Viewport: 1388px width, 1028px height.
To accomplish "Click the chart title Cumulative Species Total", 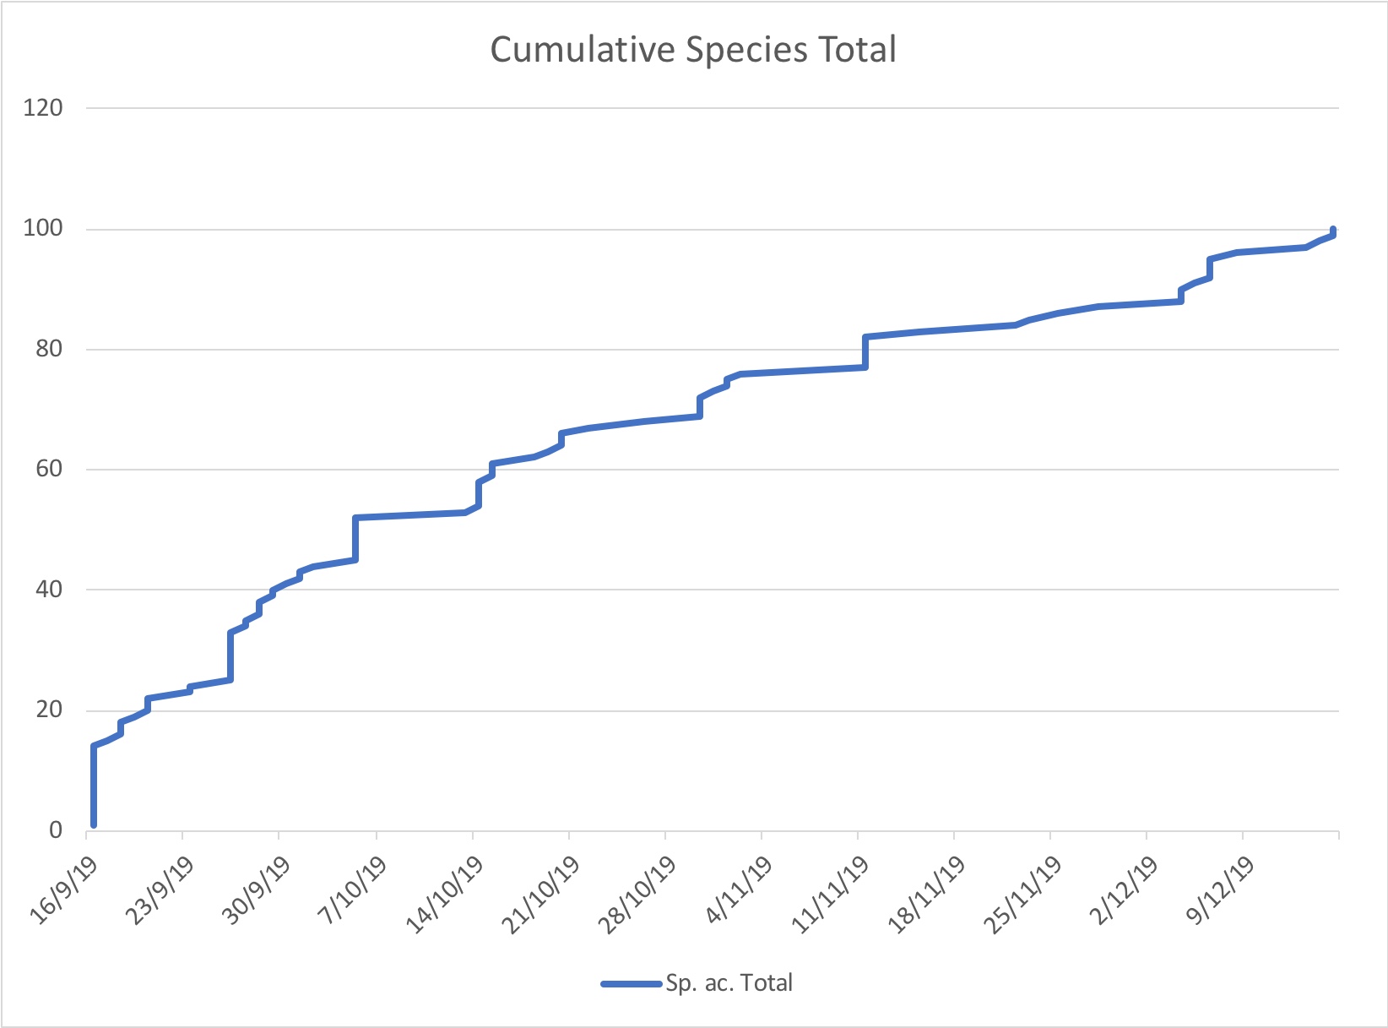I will point(693,50).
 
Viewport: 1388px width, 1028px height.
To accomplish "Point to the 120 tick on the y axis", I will point(44,108).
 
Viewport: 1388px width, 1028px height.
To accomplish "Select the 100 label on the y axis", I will point(44,229).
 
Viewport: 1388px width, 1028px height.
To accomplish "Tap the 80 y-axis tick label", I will point(49,349).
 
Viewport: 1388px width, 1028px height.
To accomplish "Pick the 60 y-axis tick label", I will point(49,469).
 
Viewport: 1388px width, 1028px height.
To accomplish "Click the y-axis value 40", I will point(49,590).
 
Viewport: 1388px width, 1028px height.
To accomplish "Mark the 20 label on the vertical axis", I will point(49,710).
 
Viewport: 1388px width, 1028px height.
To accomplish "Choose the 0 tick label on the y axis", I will point(56,830).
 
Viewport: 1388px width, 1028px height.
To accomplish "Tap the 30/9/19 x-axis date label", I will point(258,893).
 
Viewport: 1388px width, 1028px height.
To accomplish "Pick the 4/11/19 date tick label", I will point(740,893).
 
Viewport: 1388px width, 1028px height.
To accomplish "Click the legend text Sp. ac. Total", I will point(729,983).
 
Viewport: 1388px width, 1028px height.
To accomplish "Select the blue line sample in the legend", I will point(632,983).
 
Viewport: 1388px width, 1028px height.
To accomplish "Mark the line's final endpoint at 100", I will point(1333,230).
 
